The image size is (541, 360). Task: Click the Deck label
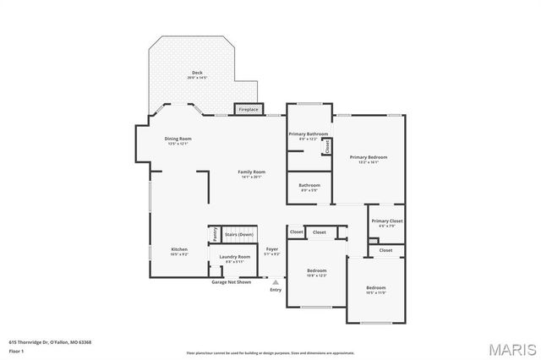(197, 74)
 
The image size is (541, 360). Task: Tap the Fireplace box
(248, 110)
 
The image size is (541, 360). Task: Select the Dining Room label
(178, 140)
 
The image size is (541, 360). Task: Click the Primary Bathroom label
(308, 135)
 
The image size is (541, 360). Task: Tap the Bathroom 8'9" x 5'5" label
(309, 187)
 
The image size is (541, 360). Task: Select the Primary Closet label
(386, 222)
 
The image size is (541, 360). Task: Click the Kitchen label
(179, 251)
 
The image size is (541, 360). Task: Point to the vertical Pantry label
(215, 233)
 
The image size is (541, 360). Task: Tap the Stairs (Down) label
(238, 234)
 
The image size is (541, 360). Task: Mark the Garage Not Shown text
(231, 281)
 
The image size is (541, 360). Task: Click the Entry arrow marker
(275, 282)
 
